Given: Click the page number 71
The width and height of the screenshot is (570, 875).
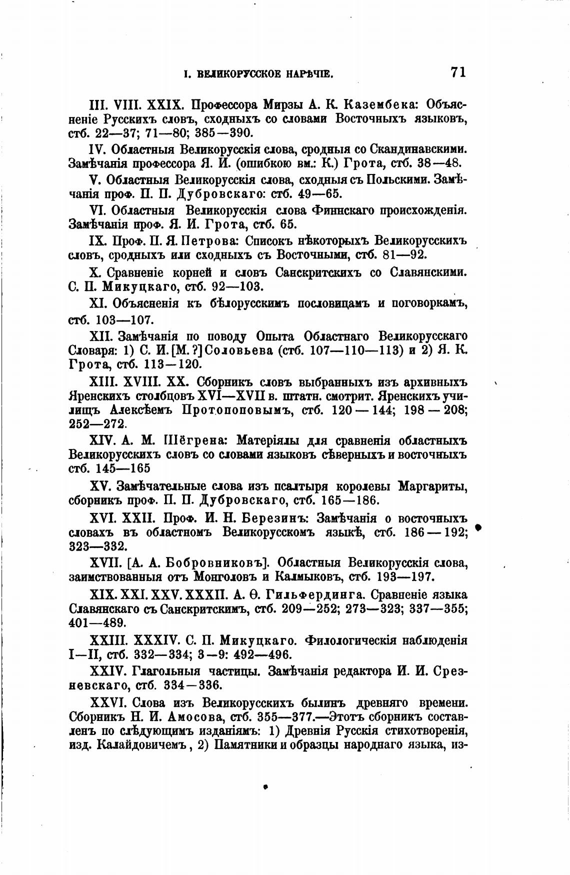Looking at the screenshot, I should click(x=458, y=72).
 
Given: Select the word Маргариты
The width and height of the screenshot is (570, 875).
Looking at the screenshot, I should click(x=432, y=486).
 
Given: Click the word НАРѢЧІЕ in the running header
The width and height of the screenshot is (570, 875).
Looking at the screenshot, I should click(x=309, y=75).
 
